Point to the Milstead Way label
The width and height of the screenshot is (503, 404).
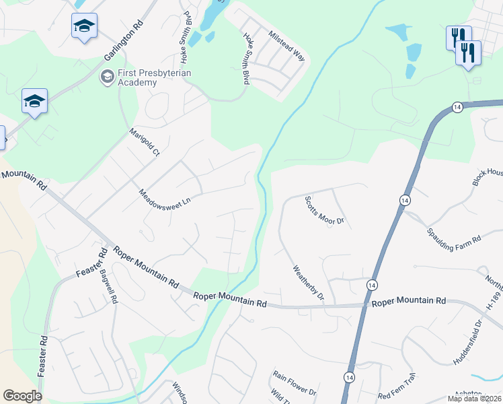click(x=286, y=46)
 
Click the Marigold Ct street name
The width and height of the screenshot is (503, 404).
click(x=144, y=143)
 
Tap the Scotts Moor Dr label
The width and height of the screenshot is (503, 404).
click(x=324, y=211)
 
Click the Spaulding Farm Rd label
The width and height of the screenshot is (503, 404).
click(x=455, y=235)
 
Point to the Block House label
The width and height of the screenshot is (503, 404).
click(x=487, y=177)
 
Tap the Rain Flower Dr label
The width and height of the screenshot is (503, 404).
click(x=295, y=382)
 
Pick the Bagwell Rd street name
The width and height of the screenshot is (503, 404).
click(x=109, y=287)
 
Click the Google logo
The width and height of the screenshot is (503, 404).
click(x=22, y=396)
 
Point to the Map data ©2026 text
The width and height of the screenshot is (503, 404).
click(x=475, y=399)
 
